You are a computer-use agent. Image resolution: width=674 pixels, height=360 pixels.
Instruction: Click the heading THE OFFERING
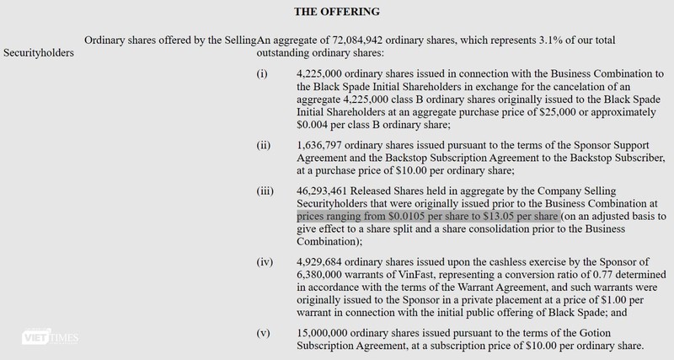tap(337, 13)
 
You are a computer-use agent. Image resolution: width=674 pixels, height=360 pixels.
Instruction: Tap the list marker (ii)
tap(263, 145)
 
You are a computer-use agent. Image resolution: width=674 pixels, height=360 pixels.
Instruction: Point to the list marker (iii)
tap(265, 191)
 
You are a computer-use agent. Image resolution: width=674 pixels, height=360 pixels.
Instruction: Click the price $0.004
tap(314, 125)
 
